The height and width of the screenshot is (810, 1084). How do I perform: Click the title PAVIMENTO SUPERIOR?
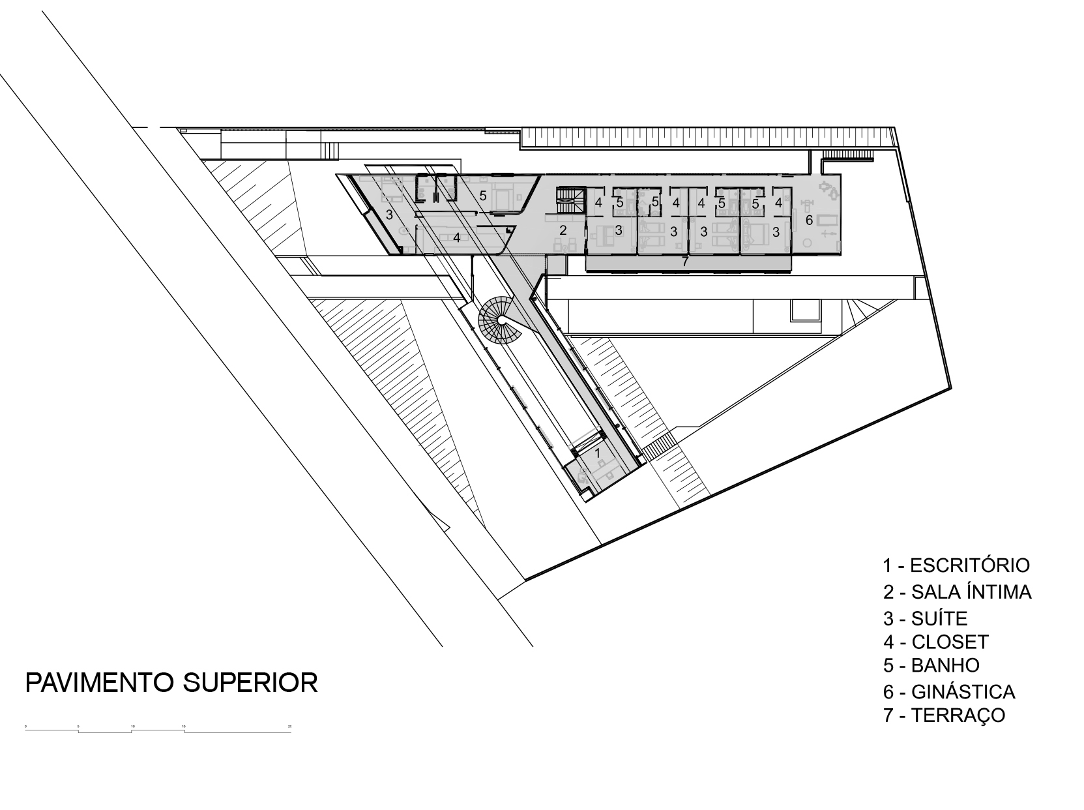click(x=171, y=682)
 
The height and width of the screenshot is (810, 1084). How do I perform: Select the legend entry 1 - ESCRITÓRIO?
click(x=956, y=565)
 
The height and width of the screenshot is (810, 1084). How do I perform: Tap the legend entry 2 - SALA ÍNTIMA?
click(x=957, y=592)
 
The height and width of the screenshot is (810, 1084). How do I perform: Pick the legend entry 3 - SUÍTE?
click(x=926, y=618)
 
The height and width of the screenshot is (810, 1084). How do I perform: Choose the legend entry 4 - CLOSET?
click(x=936, y=642)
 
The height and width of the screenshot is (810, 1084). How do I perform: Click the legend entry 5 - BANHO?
click(x=931, y=665)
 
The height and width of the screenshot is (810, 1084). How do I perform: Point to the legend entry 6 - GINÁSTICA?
click(x=949, y=691)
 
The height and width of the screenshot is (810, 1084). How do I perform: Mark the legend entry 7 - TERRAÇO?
click(x=945, y=715)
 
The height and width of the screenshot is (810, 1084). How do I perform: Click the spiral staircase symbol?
click(x=499, y=320)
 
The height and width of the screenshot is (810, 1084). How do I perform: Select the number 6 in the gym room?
click(x=809, y=220)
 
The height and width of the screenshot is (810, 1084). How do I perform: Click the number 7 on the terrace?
click(x=684, y=262)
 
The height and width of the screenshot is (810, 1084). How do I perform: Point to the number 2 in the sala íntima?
click(x=563, y=230)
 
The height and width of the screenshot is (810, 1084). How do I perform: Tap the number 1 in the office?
click(x=597, y=449)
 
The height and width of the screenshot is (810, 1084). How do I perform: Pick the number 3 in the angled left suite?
click(x=388, y=214)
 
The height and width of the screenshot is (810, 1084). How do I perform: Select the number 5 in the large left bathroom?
click(x=483, y=195)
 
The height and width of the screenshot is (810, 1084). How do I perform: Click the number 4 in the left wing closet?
click(x=457, y=237)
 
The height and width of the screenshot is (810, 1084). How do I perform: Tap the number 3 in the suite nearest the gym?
click(x=776, y=231)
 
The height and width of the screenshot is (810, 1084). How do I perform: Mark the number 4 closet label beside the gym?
click(x=778, y=203)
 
